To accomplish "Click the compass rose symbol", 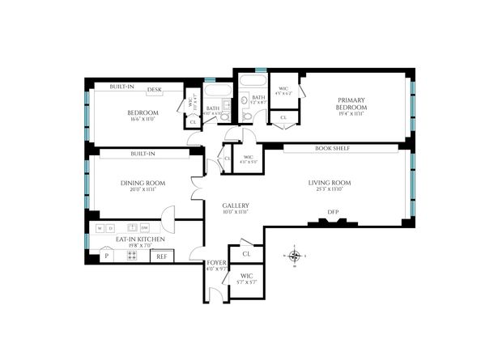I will point(296,257).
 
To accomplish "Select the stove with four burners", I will point(131,256).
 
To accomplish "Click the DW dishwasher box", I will point(145,228).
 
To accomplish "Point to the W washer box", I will point(100,228).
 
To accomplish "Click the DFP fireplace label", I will point(332,213).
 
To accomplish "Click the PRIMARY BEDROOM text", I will point(352,104).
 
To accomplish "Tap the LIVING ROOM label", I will point(329,183).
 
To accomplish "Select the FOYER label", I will point(216,263).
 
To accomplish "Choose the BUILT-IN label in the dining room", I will point(143,152).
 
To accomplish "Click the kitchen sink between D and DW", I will point(128,228).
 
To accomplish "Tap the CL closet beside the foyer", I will point(245,255).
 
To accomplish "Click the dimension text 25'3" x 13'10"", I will point(329,190).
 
